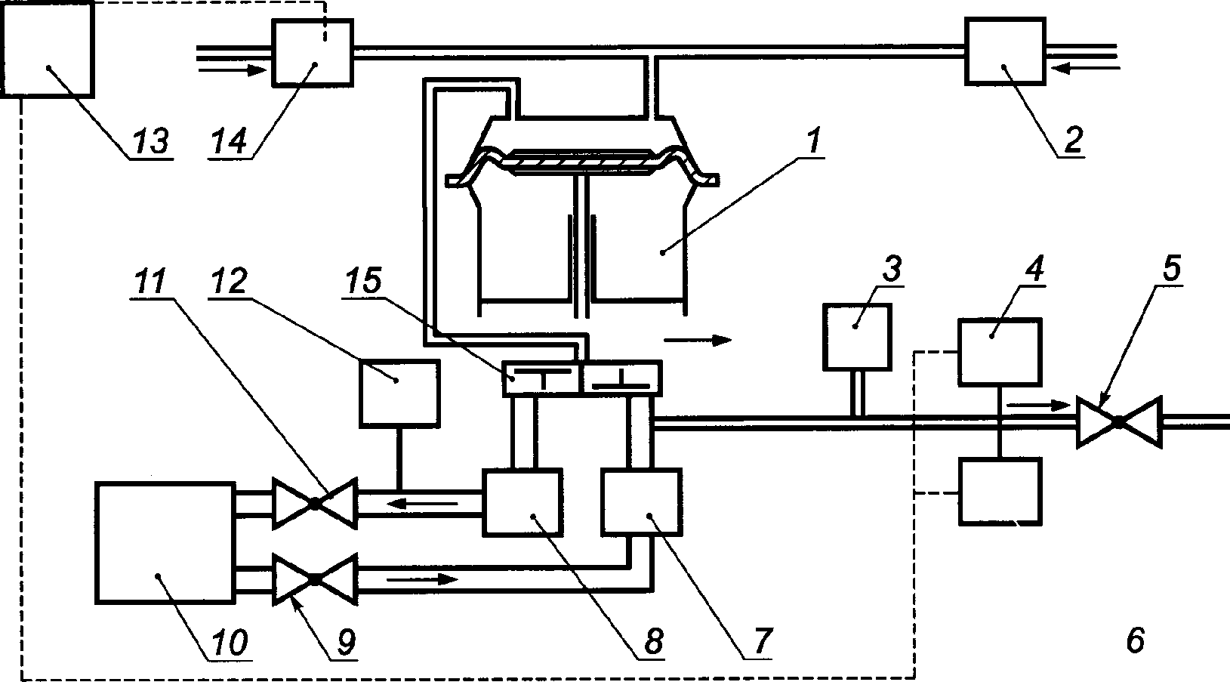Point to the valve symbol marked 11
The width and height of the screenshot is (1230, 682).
[314, 503]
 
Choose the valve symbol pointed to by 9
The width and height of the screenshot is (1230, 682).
[314, 579]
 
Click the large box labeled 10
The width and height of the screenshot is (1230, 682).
[164, 543]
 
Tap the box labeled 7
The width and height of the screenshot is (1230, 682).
[641, 501]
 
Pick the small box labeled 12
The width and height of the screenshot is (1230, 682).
[399, 393]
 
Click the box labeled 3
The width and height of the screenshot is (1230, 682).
[856, 336]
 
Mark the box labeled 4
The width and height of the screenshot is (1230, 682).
[1000, 352]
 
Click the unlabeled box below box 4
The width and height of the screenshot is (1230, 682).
[1000, 492]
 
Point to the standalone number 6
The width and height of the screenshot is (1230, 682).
[1134, 640]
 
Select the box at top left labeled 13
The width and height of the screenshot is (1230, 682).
[48, 49]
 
